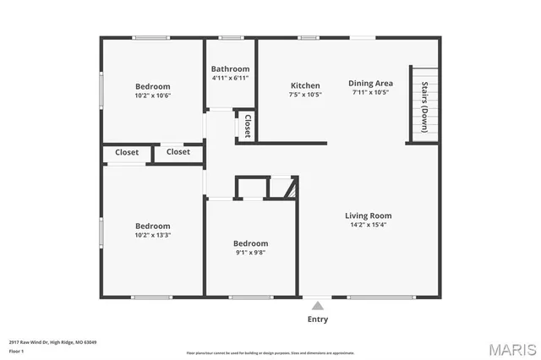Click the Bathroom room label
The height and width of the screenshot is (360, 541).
coord(230,69)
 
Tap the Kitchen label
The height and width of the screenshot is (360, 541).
coord(305,85)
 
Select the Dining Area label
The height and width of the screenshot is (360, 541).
coord(371,83)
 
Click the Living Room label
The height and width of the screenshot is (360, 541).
coord(368,215)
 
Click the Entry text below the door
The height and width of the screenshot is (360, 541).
coord(318,319)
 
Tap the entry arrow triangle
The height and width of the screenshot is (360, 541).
coord(318,305)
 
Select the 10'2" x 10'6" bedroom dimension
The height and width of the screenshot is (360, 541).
coord(153,95)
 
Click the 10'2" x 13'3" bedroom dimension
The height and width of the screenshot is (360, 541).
coord(153,236)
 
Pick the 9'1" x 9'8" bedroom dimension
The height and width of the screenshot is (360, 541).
coord(250,252)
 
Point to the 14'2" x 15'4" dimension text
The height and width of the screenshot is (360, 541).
coord(368,225)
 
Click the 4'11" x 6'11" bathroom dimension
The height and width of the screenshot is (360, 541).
coord(230,79)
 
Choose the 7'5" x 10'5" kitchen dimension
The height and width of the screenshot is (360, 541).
coord(305,95)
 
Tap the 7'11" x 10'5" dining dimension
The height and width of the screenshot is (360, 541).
coord(371,92)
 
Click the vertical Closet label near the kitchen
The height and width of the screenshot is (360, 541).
coord(248,127)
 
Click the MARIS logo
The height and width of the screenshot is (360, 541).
coord(511,347)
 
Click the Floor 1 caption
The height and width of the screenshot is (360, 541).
coord(16,351)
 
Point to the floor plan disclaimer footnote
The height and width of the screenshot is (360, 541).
coord(270,352)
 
